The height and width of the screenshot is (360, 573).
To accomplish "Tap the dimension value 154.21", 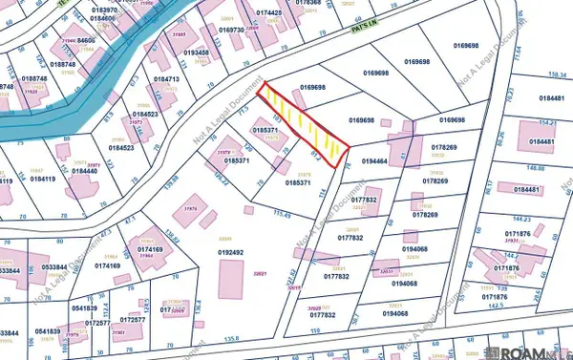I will coord(547,122).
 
